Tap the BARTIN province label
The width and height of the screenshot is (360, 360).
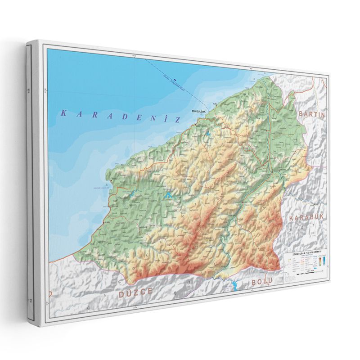tap(311, 114)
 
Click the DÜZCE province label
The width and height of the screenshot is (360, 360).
tap(136, 293)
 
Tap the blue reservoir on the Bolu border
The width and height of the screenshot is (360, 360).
tap(234, 286)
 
